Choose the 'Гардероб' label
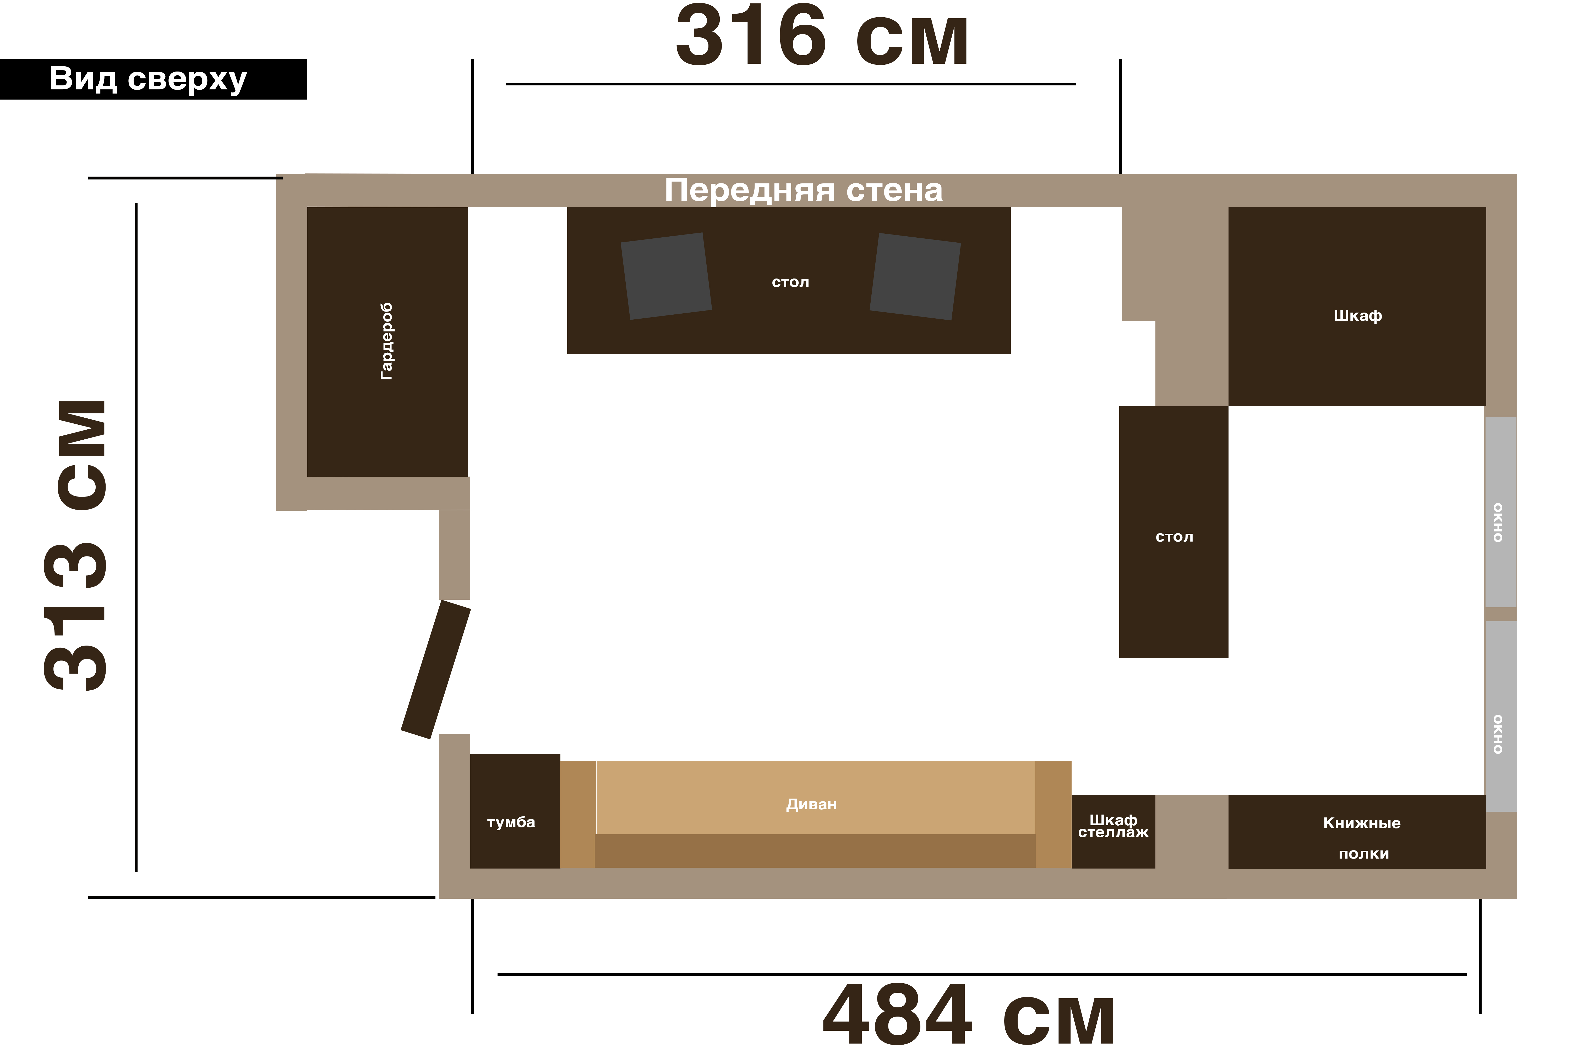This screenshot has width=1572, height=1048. coord(386,342)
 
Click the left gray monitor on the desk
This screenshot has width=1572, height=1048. coord(666,276)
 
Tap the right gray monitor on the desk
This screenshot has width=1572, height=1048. coord(915,276)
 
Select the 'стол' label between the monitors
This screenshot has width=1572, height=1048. coord(790,282)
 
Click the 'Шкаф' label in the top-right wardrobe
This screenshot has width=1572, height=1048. coord(1357,315)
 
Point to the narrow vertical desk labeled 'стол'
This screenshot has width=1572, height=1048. coord(1174,532)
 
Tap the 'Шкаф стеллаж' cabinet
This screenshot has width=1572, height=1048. coord(1113,831)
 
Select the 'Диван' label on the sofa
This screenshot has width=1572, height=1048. coord(811,804)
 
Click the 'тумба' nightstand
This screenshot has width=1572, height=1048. coord(515,811)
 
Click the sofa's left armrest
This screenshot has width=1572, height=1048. coord(577,815)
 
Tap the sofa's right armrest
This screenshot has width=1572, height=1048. coord(1053,815)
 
